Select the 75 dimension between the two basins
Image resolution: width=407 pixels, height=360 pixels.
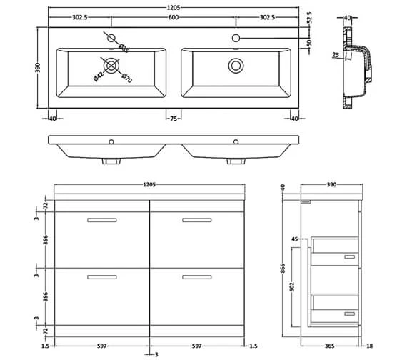pos(174,119)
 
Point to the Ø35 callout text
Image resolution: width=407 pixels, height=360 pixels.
pos(124,48)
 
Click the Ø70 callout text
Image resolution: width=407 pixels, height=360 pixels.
pos(127,79)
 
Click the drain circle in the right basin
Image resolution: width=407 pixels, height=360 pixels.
pos(235,66)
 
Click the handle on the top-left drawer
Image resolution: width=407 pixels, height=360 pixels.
pos(101,220)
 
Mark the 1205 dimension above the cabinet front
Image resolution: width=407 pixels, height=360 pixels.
pos(148,185)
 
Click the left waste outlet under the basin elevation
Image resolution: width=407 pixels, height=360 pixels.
pos(111,161)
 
